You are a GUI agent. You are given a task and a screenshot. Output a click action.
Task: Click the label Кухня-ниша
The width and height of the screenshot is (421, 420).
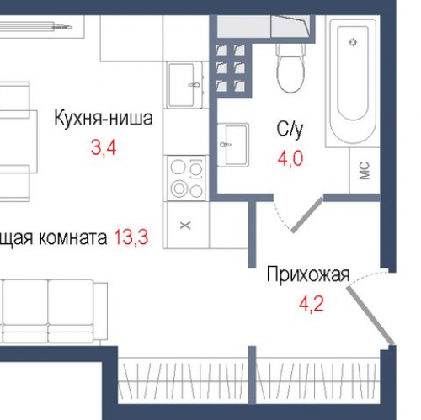click(103, 119)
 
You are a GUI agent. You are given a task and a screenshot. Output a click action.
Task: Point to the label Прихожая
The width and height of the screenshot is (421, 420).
click(307, 274)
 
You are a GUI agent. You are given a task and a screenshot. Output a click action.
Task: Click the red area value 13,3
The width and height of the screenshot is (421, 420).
click(131, 237)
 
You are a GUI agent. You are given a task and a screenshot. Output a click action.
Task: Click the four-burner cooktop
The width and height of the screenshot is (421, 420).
click(187, 178)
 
